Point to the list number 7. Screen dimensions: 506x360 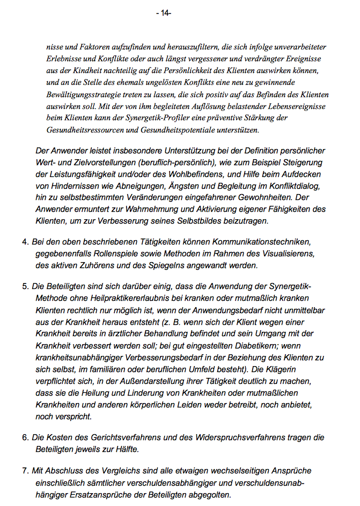click(25, 471)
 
